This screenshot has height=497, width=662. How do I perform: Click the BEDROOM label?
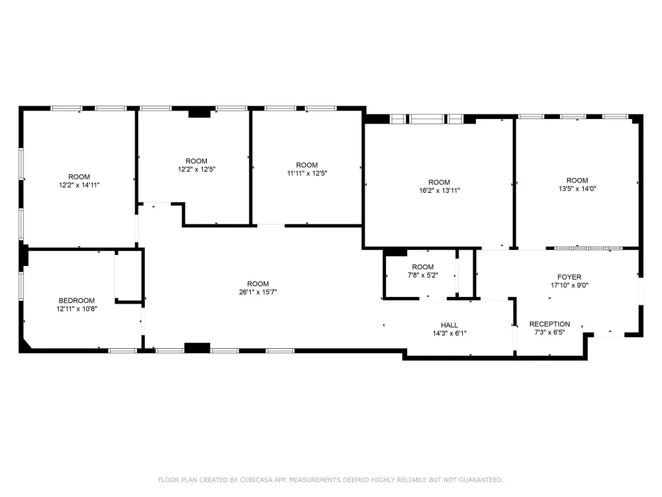[76, 300]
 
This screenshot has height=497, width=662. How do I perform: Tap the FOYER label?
[569, 277]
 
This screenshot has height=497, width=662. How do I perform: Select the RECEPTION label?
[550, 324]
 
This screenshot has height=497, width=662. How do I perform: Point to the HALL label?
[449, 325]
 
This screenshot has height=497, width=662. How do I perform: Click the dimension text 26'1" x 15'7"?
[258, 292]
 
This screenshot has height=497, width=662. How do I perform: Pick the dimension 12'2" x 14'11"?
[80, 185]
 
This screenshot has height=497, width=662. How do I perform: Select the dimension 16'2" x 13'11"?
[440, 191]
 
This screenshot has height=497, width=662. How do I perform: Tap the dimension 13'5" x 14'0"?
[577, 189]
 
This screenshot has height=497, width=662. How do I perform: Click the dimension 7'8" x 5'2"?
[423, 275]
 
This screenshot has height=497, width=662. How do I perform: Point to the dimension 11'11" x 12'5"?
[307, 173]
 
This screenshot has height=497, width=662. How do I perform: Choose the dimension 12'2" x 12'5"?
[197, 170]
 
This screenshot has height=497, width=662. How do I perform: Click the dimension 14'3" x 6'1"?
[449, 333]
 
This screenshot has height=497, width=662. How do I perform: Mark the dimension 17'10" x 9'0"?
[570, 285]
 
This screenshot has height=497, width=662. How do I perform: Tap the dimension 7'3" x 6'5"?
[550, 333]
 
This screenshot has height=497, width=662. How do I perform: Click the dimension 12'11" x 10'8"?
[77, 309]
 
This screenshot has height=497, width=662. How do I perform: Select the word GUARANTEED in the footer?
[481, 480]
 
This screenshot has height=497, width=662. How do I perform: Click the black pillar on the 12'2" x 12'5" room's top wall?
[199, 113]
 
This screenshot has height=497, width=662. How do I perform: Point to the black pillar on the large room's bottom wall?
[197, 348]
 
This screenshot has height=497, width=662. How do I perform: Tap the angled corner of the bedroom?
[25, 344]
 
